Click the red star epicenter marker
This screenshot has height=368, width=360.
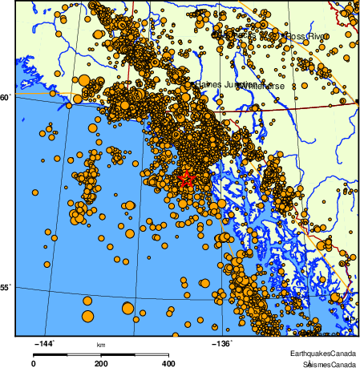point(186,180)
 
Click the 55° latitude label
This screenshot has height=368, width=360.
point(6,286)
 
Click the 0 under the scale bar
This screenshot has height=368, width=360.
point(33,362)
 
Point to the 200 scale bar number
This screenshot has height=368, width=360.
point(101,362)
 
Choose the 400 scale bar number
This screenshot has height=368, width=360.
point(169,362)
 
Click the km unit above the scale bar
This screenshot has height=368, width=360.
point(101,345)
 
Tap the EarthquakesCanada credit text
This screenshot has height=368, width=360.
point(323,353)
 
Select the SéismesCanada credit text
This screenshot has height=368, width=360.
point(325,362)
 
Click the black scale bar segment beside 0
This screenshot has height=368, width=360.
point(50,353)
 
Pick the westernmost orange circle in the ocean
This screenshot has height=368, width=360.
point(34,192)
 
